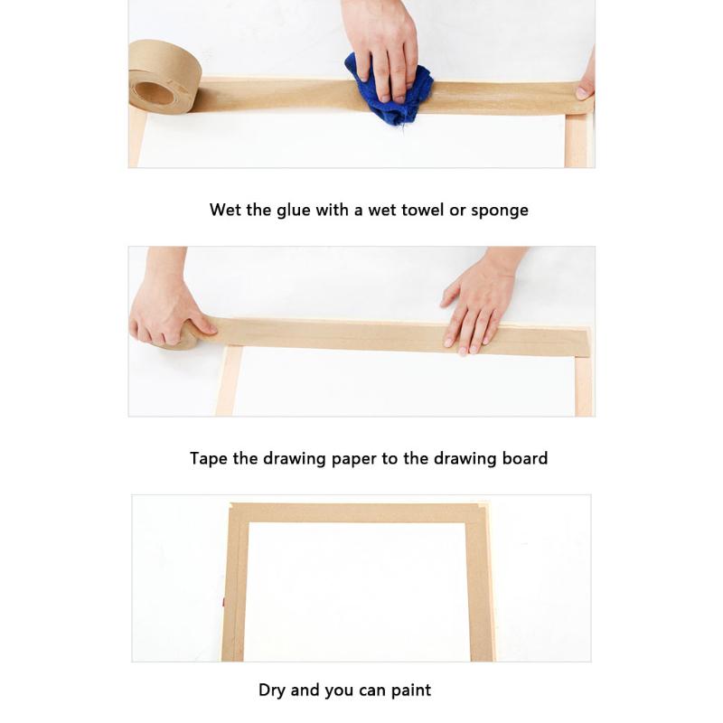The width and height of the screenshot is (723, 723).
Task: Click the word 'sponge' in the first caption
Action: (499, 211)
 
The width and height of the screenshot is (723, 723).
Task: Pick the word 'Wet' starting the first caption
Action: (226, 210)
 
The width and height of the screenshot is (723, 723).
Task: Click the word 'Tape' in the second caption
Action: (209, 458)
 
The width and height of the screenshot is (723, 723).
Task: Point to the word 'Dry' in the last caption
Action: (273, 690)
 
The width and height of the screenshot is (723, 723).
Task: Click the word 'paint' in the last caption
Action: (410, 690)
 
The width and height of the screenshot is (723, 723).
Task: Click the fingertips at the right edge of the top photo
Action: (586, 86)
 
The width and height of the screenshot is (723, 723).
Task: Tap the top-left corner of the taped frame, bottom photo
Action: (237, 513)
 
